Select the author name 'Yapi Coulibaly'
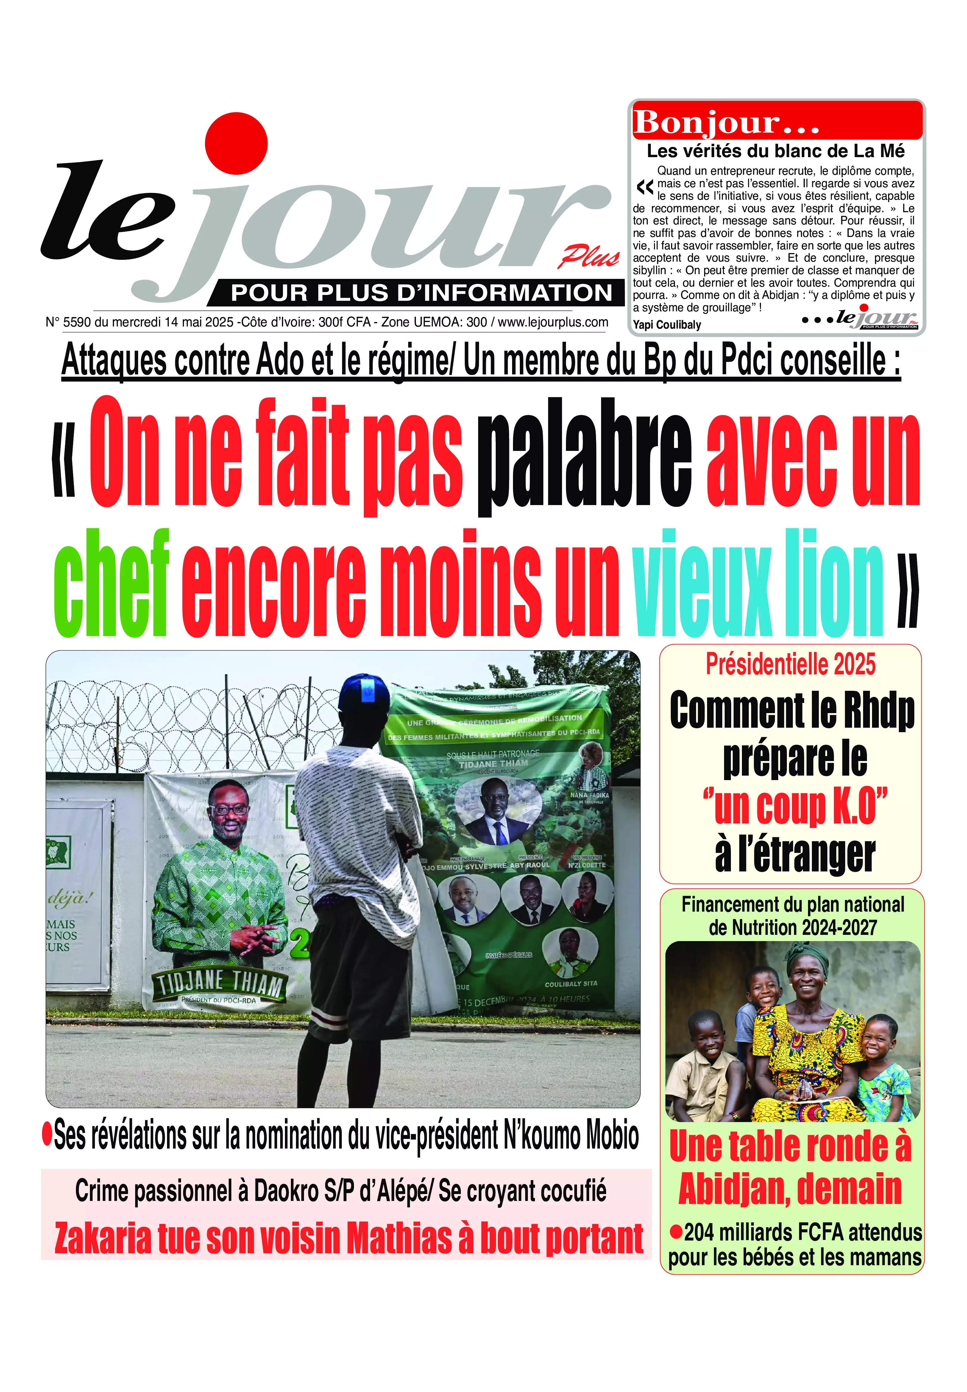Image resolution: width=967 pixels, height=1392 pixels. click(x=667, y=325)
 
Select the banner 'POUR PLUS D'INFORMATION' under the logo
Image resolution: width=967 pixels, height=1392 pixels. click(x=421, y=293)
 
